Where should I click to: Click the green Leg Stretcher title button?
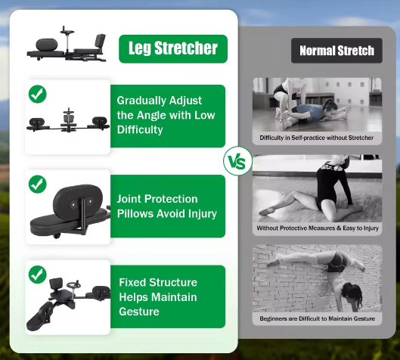pos(172,49)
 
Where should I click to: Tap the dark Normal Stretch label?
pos(336,51)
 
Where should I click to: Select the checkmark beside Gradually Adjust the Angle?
pos(37,95)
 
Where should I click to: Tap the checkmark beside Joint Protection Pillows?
pos(37,184)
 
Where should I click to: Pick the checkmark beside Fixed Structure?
pos(37,273)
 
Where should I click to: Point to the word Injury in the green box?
pos(199,213)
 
